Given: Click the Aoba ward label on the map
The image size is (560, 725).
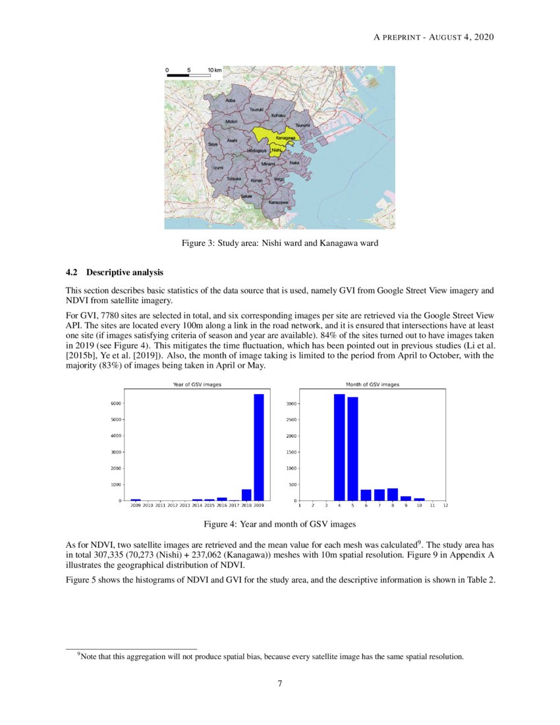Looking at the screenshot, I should coord(230,100).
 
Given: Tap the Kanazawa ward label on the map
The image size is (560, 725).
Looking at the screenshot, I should coord(278,202).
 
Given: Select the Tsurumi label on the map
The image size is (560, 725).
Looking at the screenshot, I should coord(302,125).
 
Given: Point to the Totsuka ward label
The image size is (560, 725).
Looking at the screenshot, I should coord(234,179).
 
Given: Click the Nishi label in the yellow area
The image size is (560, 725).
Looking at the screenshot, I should coord(276,150).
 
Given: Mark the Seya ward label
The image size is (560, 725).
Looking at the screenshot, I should coord(213,144).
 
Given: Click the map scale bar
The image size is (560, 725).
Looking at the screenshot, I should coord(188,75).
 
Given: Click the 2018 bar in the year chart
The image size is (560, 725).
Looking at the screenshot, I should coord(246,494).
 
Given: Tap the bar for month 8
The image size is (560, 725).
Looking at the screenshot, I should coord(393,494).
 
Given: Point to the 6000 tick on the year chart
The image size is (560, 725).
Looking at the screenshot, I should coord(116,403).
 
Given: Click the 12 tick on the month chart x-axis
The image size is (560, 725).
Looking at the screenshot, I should coord(445,506).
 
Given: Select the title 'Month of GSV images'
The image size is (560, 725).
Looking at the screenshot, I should coord(372,384).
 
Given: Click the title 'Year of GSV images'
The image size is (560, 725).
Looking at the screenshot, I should coord(197,384).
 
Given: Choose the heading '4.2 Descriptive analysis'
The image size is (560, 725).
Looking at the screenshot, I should coord(115,272).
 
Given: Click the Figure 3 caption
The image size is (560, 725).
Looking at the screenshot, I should coord(279,243).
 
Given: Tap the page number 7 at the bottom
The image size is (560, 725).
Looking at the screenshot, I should coord(280,683).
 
